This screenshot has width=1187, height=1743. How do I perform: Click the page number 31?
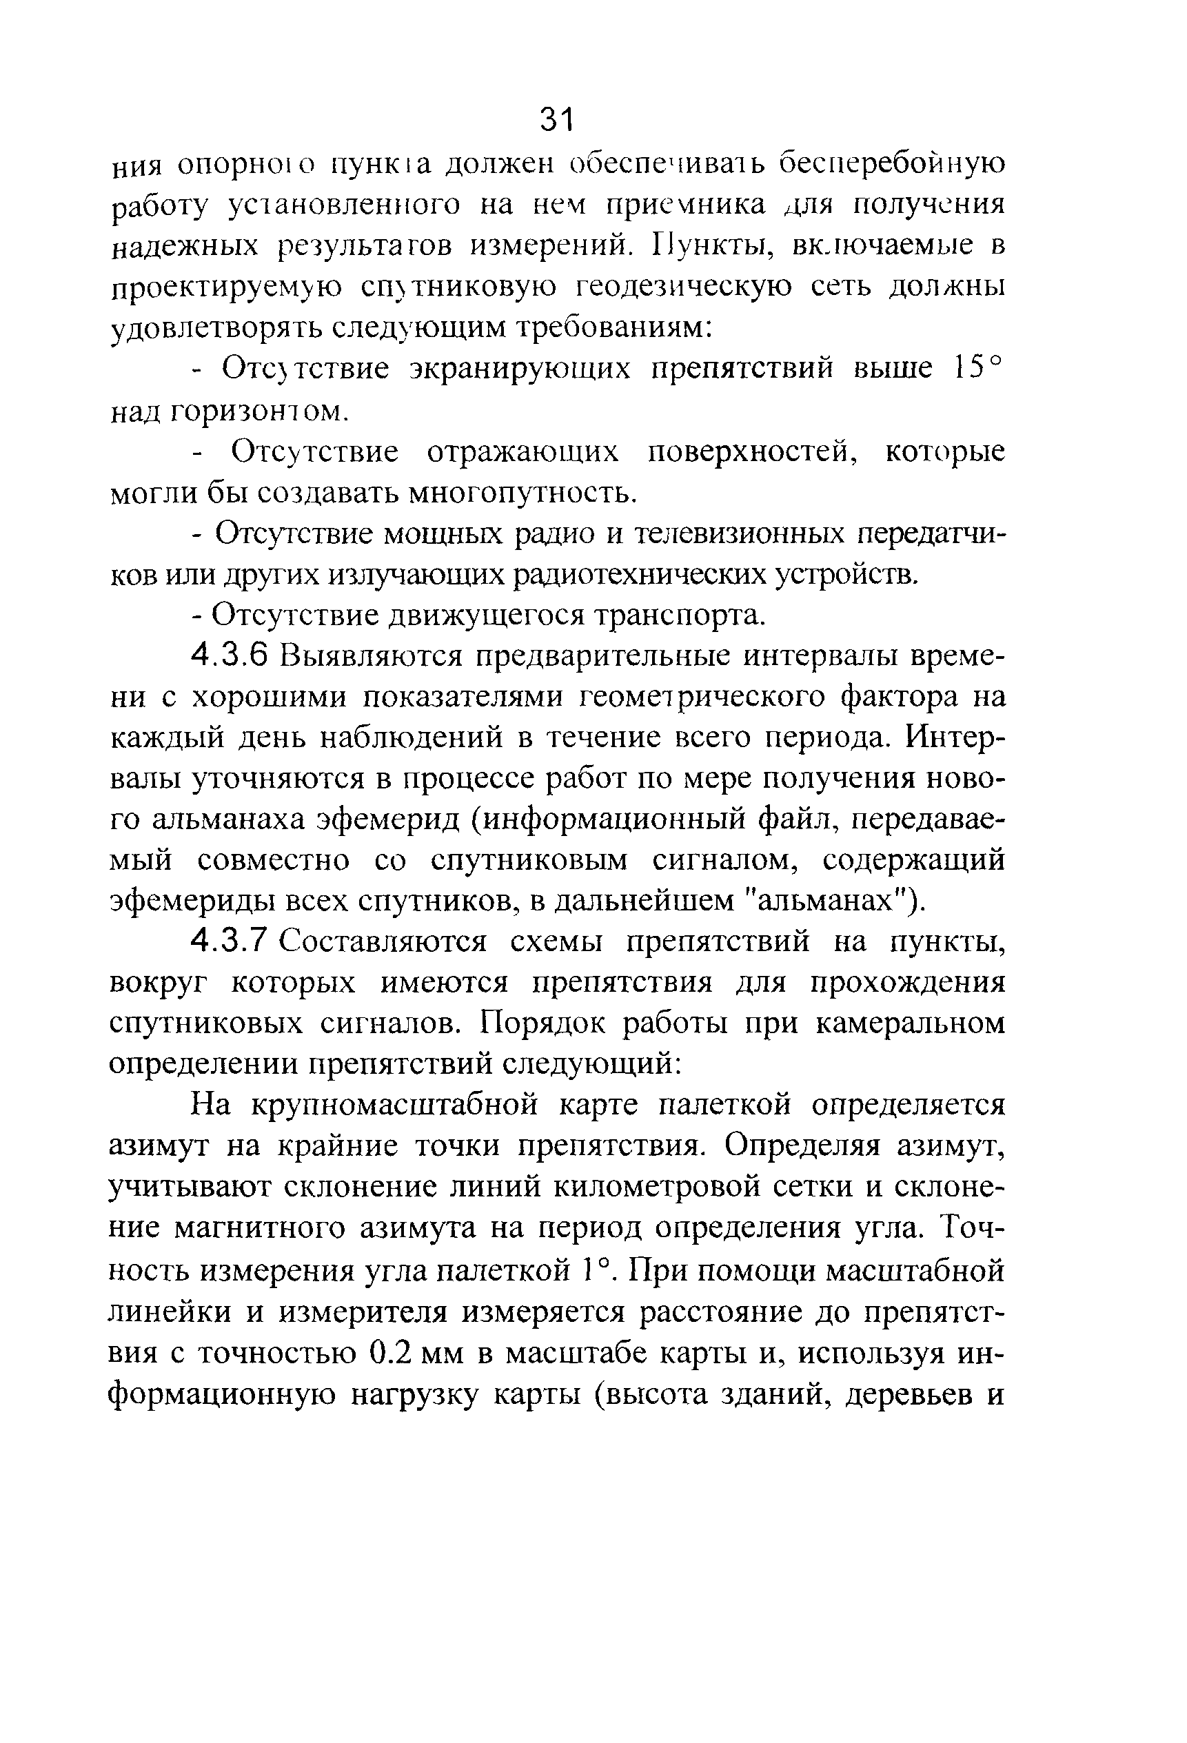[x=556, y=119]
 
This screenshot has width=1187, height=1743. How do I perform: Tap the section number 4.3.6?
[x=230, y=655]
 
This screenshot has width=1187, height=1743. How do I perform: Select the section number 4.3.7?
[x=230, y=941]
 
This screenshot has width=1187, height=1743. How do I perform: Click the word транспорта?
[x=679, y=614]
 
